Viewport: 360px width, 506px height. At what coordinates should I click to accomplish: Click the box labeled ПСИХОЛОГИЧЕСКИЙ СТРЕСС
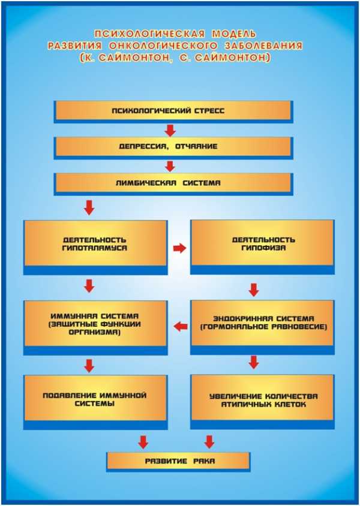point(173,112)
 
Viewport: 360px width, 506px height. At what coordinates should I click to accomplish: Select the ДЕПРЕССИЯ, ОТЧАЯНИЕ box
point(173,148)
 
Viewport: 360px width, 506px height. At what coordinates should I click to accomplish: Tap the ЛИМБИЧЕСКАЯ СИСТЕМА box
point(173,184)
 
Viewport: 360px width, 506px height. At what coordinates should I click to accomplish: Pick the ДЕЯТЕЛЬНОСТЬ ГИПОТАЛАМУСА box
point(95,247)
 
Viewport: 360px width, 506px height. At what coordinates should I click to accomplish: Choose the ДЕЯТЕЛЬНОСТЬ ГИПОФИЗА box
point(262,247)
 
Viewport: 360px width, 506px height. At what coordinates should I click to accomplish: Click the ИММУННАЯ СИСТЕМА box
point(95,328)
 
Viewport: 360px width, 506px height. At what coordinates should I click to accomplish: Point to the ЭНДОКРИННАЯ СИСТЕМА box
point(262,327)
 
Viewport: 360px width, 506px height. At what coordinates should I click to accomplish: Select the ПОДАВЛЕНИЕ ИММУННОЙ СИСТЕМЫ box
point(95,402)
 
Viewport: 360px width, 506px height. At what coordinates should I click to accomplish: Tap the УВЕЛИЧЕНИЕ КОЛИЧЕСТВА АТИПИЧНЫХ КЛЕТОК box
point(262,402)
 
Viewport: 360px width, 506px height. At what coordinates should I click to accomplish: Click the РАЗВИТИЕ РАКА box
point(179,461)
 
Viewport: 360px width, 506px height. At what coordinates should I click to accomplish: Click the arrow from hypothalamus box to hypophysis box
point(179,248)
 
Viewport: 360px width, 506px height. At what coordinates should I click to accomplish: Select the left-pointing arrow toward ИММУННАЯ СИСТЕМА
point(181,327)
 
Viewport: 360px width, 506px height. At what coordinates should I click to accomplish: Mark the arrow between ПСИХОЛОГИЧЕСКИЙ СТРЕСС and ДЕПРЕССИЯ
point(170,130)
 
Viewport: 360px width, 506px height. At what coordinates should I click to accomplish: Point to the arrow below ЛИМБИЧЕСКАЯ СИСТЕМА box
point(89,208)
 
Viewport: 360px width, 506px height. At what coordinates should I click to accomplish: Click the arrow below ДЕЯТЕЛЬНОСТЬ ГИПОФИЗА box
point(254,290)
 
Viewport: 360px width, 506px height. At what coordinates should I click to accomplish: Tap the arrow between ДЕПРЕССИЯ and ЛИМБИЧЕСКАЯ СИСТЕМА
point(170,166)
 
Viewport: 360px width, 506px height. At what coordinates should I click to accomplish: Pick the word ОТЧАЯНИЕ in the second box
point(196,146)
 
